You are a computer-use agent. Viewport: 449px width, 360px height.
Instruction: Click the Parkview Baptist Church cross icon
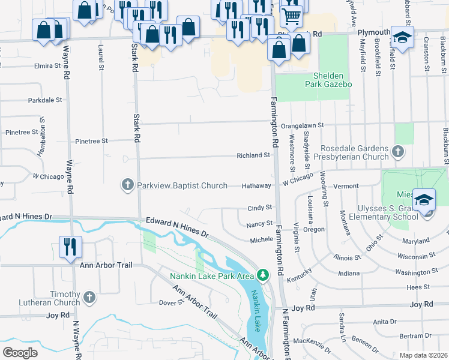127,185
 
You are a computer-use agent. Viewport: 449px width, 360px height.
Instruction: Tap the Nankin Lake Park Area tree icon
262,275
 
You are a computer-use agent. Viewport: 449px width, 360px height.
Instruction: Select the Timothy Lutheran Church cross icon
89,297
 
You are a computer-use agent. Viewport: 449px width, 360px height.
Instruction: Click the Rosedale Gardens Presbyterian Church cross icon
397,152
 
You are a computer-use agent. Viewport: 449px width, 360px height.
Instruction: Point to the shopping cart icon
291,16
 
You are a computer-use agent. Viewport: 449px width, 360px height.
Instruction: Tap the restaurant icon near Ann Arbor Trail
70,246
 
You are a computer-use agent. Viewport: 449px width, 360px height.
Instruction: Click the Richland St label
253,155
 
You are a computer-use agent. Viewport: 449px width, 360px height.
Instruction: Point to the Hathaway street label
256,186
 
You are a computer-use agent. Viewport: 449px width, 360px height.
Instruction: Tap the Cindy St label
260,208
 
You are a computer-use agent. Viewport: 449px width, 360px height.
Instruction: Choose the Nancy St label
260,224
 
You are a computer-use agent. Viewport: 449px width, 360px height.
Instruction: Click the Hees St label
414,288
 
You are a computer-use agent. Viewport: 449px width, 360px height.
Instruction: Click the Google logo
20,353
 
